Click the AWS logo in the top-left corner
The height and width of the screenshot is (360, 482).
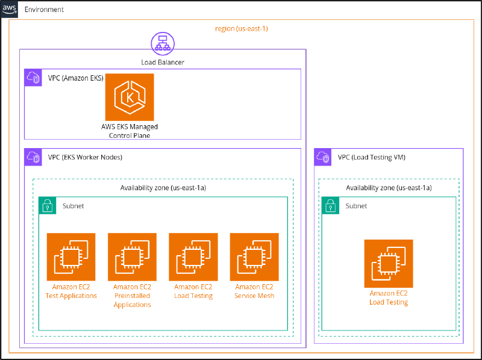coord(10,10)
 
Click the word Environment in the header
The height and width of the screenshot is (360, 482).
coord(44,10)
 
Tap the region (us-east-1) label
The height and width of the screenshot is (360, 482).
coord(241,28)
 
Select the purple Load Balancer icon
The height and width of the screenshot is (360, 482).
coord(162,43)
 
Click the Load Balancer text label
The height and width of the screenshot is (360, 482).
coord(162,62)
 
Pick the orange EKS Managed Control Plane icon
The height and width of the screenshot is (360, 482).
coord(130,97)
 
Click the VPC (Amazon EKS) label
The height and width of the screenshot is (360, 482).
coord(76,78)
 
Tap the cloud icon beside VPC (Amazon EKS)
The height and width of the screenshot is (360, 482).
coord(33,78)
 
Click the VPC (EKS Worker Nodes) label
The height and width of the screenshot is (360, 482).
coord(85,158)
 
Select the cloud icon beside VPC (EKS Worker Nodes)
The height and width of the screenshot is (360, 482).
coord(33,158)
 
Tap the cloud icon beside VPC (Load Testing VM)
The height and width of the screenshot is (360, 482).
coord(324,158)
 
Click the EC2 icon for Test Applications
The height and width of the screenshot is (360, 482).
coord(71,257)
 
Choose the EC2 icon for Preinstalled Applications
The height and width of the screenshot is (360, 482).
coord(132,257)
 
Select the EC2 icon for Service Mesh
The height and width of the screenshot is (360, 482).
coord(254,257)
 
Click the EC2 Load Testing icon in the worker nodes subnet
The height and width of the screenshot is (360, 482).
coord(193,257)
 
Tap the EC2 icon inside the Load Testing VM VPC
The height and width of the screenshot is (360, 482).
coord(389,264)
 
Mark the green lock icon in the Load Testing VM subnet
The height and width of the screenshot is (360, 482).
coord(330,206)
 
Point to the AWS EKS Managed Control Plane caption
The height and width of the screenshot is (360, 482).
coord(130,131)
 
